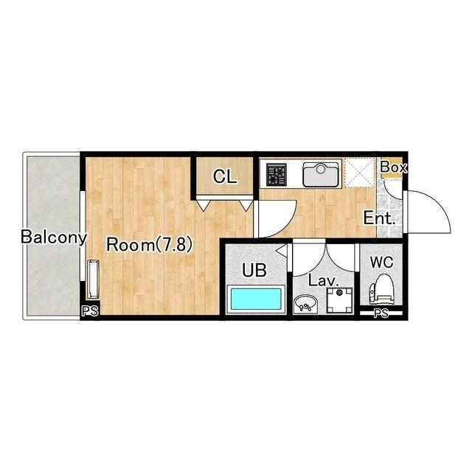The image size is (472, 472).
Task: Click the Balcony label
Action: click(54, 237)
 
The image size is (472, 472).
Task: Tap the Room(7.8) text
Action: click(149, 244)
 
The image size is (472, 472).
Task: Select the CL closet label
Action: click(224, 177)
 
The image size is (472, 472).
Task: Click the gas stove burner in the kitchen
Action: click(276, 174)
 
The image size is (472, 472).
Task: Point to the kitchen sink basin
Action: click(320, 174)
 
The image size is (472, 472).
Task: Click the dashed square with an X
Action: click(360, 173)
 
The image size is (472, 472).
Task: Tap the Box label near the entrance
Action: click(393, 167)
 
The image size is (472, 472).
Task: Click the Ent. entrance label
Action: click(379, 218)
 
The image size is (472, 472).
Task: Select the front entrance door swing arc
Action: click(437, 201)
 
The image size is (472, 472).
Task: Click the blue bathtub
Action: click(256, 298)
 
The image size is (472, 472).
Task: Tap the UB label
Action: click(254, 270)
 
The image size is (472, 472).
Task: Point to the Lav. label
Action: click(324, 281)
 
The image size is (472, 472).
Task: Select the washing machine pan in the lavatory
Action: click(340, 300)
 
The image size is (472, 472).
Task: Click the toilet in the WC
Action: click(382, 289)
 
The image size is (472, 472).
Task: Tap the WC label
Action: click(382, 263)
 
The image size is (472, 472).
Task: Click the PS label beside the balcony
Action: click(90, 311)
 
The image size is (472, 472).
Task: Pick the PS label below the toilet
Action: click(381, 313)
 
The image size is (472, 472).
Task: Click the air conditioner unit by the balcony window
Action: click(93, 280)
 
